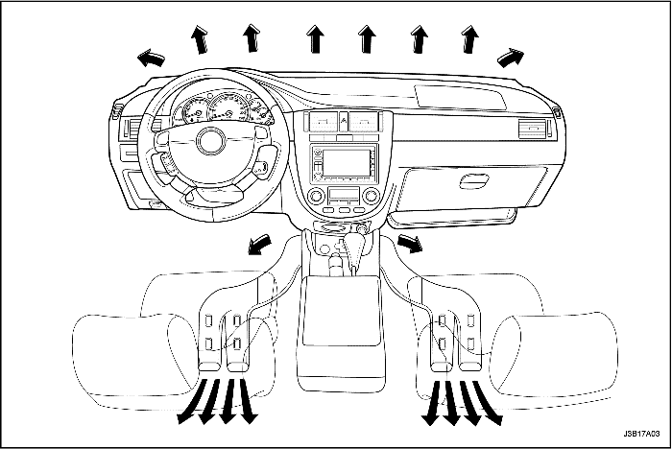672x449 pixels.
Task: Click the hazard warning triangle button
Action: (345, 121)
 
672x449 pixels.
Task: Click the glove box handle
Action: (474, 180)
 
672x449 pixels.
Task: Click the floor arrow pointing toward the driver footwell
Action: (256, 248)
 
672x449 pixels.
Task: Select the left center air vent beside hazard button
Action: (323, 121)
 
